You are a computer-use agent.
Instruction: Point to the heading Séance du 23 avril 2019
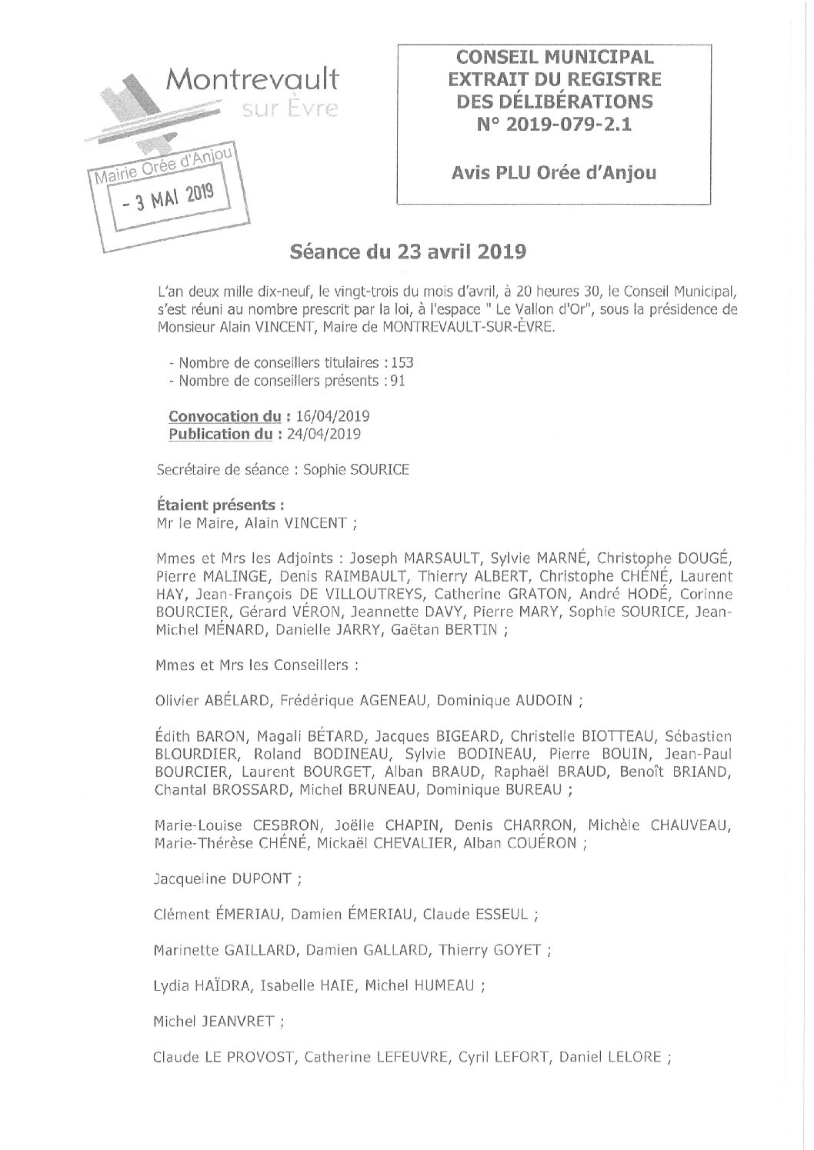coord(407,252)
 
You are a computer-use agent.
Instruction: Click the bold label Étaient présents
coord(217,505)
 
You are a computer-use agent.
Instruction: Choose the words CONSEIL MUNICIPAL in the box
coord(552,56)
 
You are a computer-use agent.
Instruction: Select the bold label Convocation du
coord(225,416)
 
